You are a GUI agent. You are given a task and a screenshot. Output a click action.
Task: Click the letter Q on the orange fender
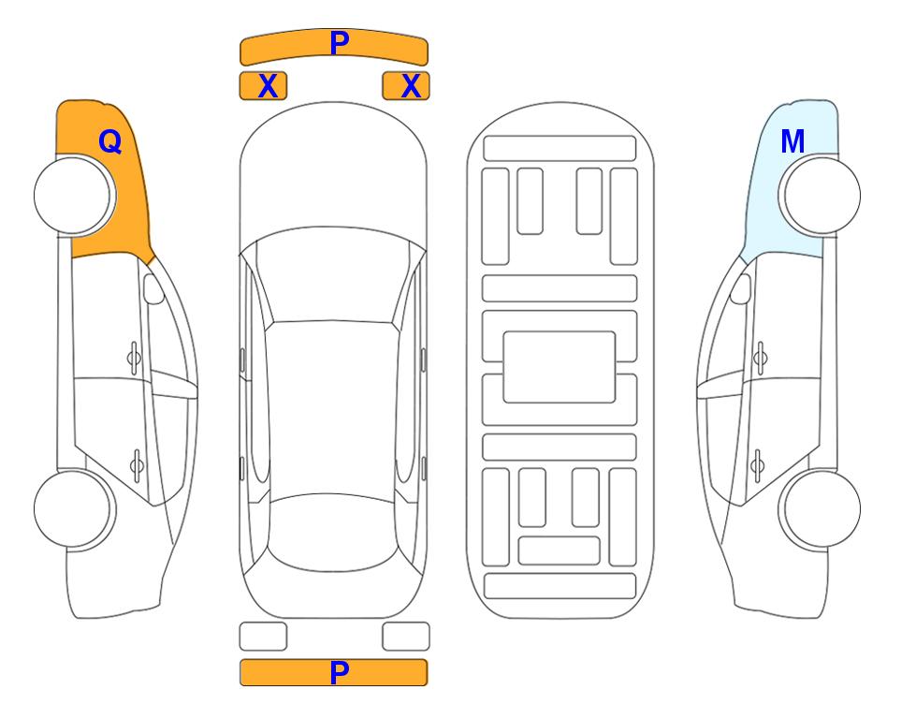click(x=109, y=141)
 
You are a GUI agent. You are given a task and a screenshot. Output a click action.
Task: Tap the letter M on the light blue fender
click(x=792, y=141)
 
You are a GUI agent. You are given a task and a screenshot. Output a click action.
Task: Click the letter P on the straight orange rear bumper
click(x=340, y=672)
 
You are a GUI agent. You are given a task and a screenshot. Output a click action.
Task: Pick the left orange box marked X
click(x=263, y=86)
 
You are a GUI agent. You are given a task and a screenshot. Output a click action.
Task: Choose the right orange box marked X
click(x=406, y=86)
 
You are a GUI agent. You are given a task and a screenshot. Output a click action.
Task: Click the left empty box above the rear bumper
click(x=263, y=637)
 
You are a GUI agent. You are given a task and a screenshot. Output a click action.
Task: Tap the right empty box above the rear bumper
click(x=406, y=637)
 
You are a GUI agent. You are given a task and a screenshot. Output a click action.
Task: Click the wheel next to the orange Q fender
click(x=73, y=196)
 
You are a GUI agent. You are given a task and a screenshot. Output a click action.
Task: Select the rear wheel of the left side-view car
click(x=73, y=509)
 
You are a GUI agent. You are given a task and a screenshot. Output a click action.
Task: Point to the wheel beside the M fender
click(x=821, y=196)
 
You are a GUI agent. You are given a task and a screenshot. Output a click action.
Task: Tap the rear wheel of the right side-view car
click(x=821, y=509)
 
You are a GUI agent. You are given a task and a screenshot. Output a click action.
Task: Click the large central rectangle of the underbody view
click(x=559, y=367)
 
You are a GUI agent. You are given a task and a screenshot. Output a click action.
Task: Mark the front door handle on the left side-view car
click(x=134, y=359)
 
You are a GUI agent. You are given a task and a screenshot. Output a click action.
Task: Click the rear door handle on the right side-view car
click(x=757, y=465)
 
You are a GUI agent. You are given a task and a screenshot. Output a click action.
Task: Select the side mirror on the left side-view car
click(x=153, y=288)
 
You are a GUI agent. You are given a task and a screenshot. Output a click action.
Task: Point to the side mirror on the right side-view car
click(x=741, y=288)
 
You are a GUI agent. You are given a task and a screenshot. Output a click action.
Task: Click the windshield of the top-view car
click(x=333, y=276)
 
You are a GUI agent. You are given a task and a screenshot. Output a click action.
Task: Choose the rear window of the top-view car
click(x=332, y=532)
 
